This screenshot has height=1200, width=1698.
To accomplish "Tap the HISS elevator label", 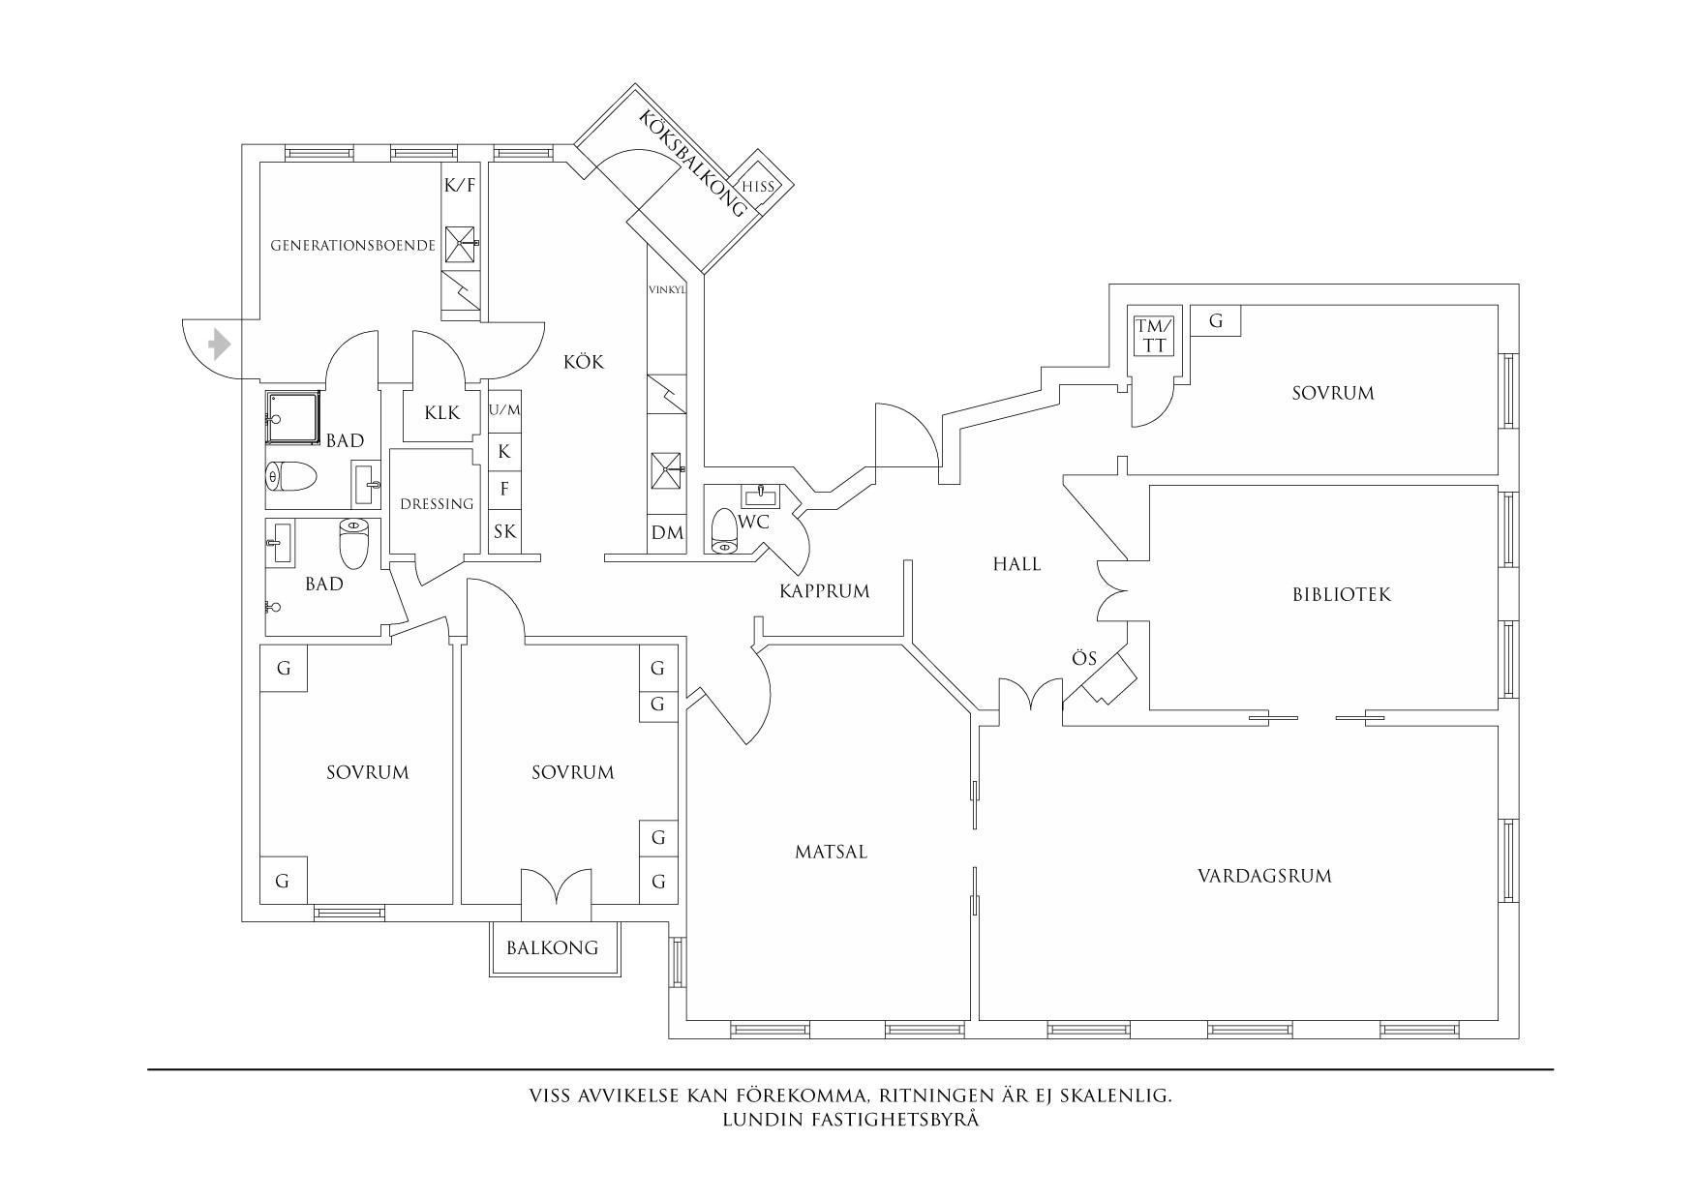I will point(757,188).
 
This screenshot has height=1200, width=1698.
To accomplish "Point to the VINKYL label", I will point(667,289).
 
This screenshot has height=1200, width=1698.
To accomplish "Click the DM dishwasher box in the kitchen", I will point(667,532).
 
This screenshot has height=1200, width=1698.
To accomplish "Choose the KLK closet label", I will point(442,413).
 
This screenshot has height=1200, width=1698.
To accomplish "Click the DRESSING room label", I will point(437,504).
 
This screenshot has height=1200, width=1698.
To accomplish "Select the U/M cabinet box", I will point(504,410).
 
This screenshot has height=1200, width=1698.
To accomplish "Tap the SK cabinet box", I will point(504,531).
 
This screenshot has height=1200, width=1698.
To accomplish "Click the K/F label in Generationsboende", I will point(460,186).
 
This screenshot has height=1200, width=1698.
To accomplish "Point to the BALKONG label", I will point(553,947).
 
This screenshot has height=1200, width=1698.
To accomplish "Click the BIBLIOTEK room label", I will point(1341,594).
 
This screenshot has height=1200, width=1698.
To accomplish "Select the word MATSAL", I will point(831,853).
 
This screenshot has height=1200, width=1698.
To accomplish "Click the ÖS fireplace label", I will point(1084,659).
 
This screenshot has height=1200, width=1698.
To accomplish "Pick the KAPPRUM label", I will point(825,590).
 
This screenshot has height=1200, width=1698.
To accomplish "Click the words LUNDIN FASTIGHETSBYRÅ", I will point(851,1121).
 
